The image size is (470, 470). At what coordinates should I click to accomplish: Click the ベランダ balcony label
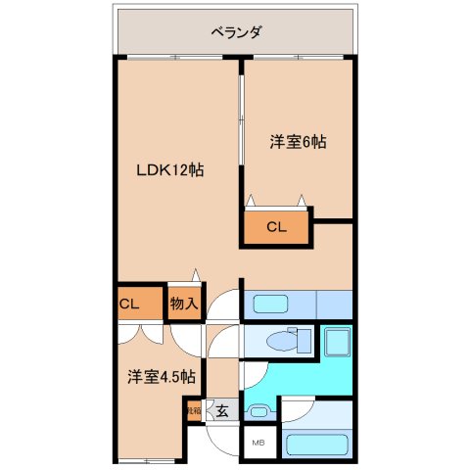tap(236, 32)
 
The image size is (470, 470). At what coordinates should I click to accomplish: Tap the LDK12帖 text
tap(169, 169)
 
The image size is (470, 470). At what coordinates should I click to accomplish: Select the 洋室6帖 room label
tap(298, 142)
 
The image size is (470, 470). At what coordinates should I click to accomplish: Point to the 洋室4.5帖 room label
tap(161, 376)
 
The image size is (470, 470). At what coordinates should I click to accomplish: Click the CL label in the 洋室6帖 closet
tap(276, 228)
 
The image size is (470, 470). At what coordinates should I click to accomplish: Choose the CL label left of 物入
tap(129, 304)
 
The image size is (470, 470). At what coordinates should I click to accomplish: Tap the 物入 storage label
tap(183, 304)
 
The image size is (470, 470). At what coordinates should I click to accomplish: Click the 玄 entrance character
tap(222, 411)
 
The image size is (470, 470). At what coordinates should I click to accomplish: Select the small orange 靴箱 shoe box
tap(192, 410)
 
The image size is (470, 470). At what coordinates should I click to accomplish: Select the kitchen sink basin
tap(266, 305)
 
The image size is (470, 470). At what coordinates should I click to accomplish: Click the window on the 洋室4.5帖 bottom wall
tap(147, 459)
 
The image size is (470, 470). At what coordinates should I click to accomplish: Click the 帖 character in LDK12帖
tap(196, 169)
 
